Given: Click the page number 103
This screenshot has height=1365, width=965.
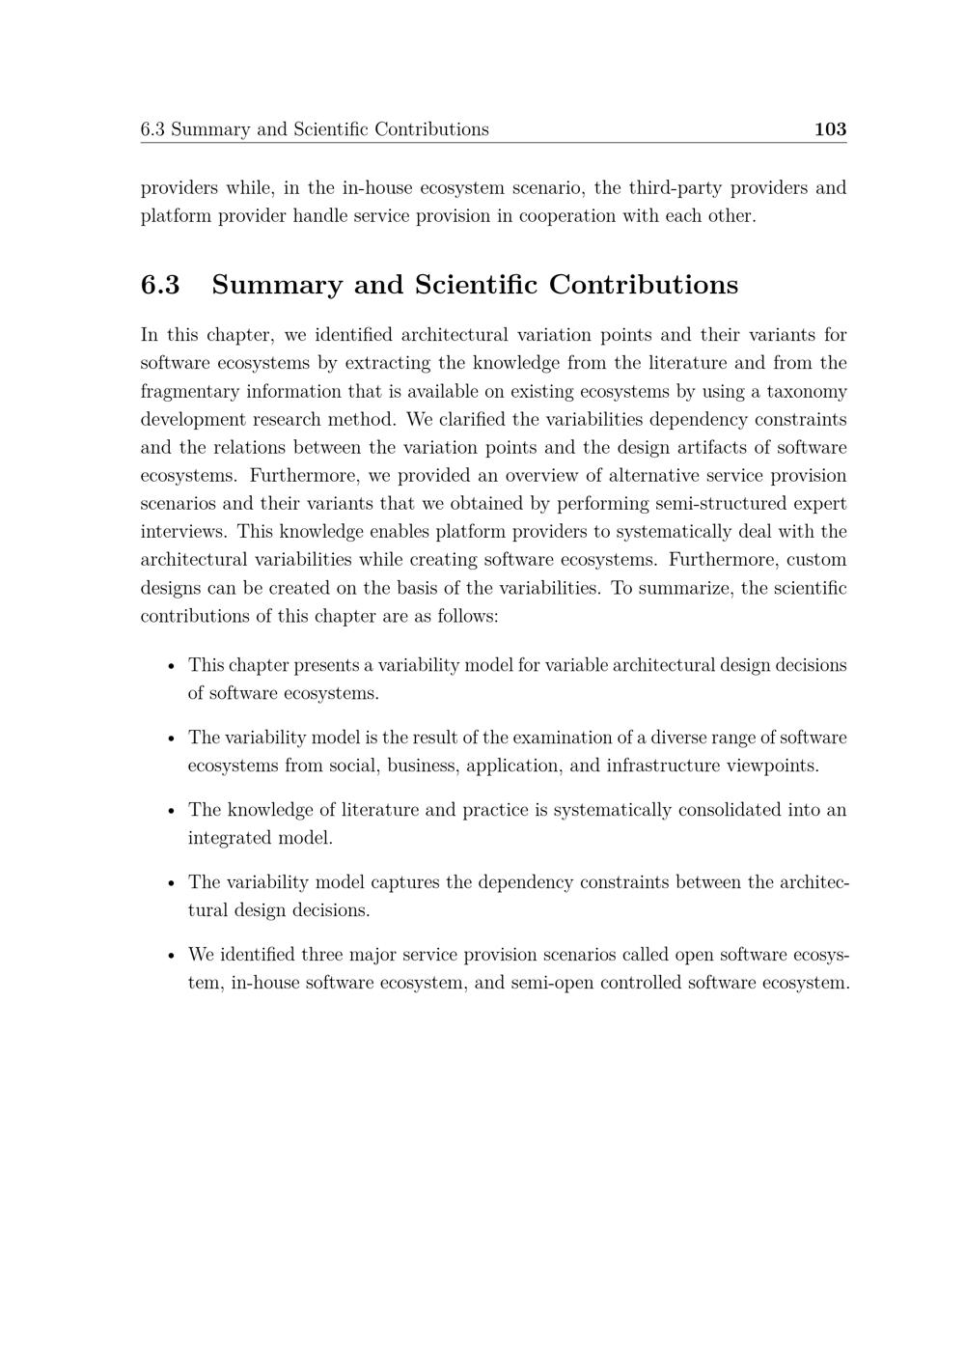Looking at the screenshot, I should click(830, 129).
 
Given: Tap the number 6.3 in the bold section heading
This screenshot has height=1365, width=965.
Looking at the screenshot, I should click(160, 285).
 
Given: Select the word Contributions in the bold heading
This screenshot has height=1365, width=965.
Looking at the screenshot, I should click(644, 285).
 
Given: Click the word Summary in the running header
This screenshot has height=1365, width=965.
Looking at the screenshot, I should click(210, 129).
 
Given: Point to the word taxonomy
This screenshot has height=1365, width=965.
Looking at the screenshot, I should click(807, 391).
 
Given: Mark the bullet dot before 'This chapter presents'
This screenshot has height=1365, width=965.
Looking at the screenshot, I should click(170, 666).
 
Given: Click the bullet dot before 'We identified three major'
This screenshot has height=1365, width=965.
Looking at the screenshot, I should click(170, 956).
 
